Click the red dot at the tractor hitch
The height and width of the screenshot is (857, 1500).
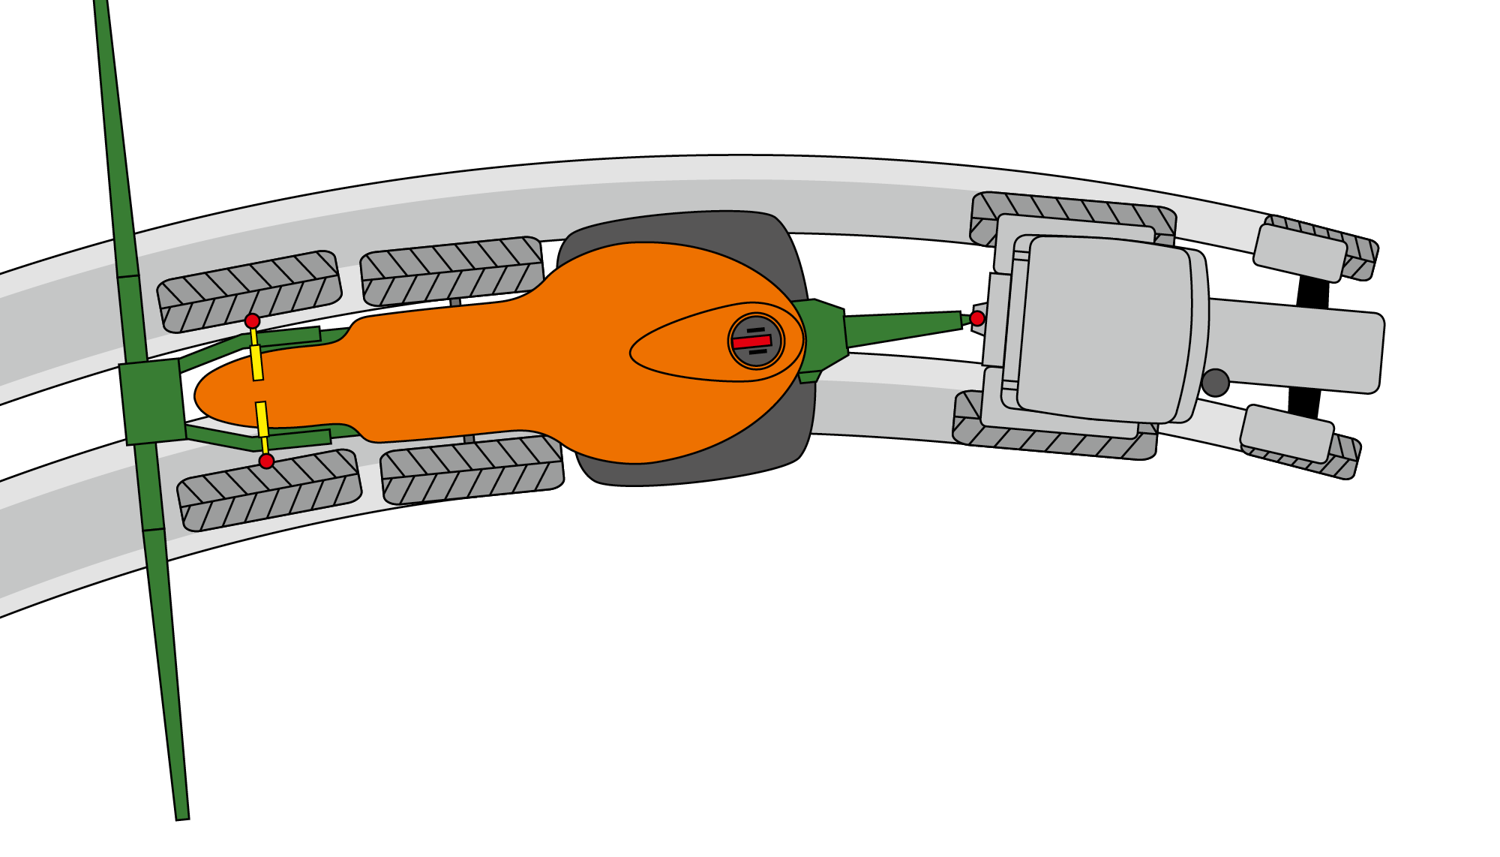click(977, 318)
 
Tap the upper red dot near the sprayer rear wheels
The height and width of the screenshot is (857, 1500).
click(253, 321)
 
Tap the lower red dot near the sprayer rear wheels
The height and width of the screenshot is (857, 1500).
click(266, 461)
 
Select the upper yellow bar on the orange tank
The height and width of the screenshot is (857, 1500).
click(256, 362)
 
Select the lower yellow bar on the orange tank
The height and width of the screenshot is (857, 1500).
click(262, 419)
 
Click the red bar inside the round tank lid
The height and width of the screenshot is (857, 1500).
click(752, 342)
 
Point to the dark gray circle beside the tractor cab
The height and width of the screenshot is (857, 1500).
click(1215, 383)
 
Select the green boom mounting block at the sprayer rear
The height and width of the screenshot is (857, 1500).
click(152, 401)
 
